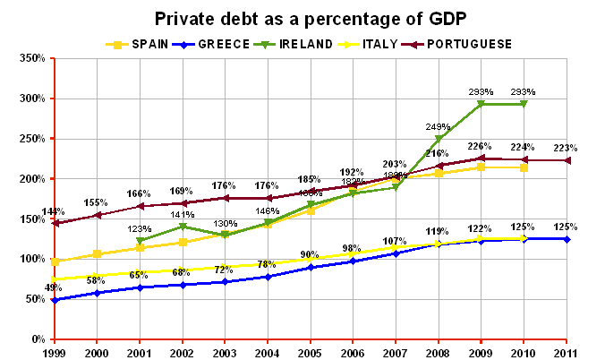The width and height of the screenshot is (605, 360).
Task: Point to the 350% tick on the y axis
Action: coord(31,58)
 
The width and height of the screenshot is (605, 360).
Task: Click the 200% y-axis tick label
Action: coord(31,179)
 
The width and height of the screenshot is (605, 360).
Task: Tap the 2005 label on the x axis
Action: coord(311,352)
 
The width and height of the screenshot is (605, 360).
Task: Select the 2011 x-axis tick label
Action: coord(566,352)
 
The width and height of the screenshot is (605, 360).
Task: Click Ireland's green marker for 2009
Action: coord(481,104)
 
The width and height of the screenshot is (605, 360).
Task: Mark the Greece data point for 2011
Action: coord(566,239)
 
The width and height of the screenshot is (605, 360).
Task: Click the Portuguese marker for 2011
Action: coord(566,160)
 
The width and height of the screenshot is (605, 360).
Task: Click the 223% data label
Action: coord(566,148)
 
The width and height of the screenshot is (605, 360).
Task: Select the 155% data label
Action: coord(98,203)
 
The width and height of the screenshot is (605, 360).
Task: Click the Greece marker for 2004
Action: coord(268,277)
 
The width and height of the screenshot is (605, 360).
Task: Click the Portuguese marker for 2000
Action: coord(98,215)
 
